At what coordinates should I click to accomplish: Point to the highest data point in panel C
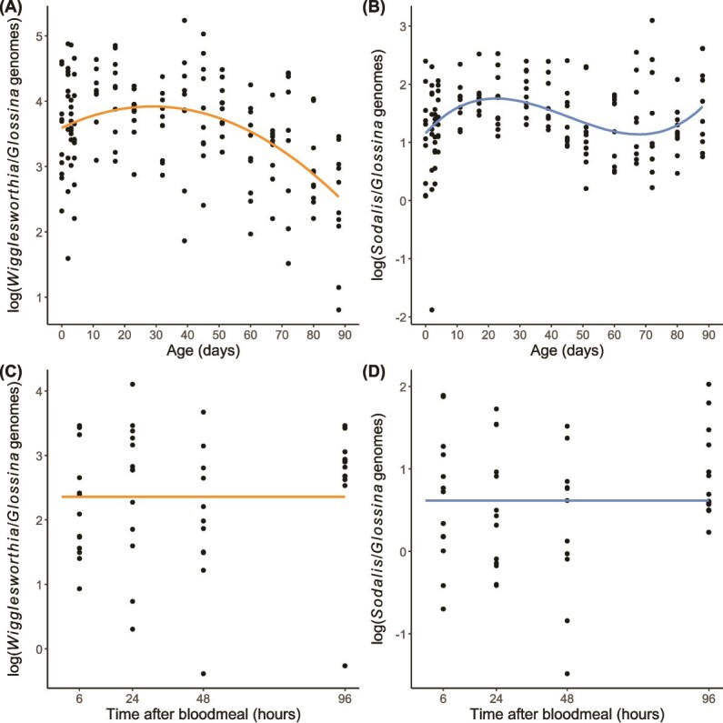point(133,384)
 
